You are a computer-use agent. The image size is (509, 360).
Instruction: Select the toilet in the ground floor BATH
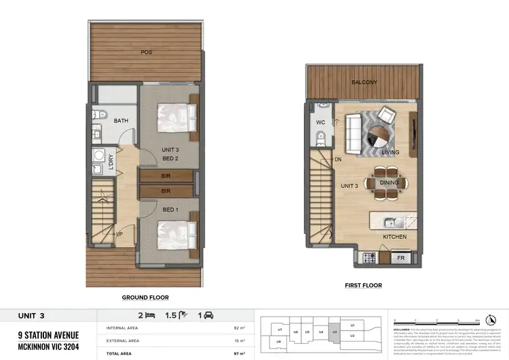point(98,114)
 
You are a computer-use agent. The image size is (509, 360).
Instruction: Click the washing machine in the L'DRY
point(97,154)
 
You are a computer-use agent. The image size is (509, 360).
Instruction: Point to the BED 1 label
point(170,210)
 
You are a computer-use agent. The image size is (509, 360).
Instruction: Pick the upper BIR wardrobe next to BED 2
point(165,176)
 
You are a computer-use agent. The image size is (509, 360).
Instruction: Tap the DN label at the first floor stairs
point(338,160)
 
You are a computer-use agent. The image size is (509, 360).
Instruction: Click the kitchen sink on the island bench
point(388,221)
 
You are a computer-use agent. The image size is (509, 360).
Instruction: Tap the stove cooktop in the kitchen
point(371,258)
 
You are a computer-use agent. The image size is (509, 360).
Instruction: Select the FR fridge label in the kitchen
point(402,259)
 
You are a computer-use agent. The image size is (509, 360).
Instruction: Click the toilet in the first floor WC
point(322,139)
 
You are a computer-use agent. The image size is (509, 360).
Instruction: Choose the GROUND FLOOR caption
point(145,297)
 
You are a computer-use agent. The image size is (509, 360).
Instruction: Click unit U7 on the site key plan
point(280,330)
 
